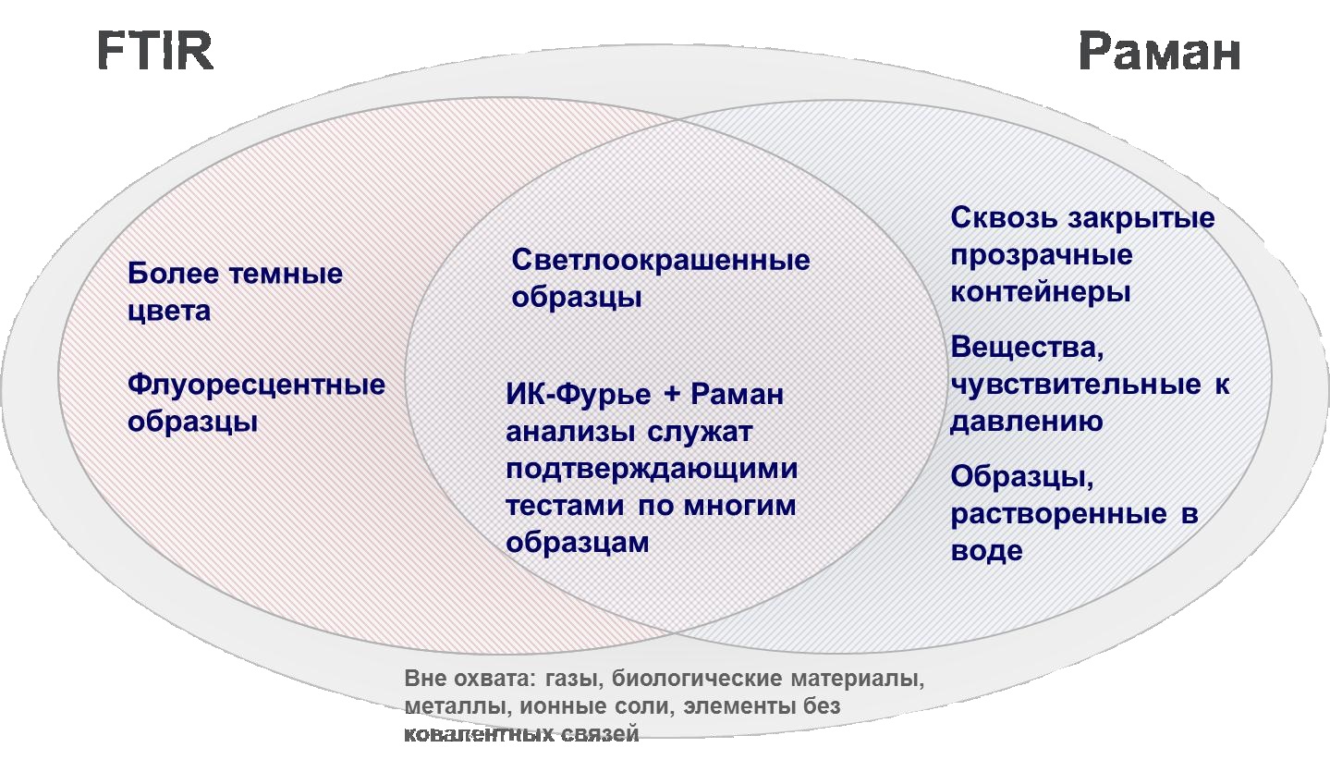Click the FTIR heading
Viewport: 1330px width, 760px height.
155,51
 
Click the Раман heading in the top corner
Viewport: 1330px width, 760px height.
1160,52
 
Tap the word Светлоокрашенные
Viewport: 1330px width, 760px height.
661,260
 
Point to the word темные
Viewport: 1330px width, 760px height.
287,275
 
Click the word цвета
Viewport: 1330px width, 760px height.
169,312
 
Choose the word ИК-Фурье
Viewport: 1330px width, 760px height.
579,395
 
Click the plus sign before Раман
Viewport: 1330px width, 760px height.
672,394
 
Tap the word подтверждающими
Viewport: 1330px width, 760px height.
652,469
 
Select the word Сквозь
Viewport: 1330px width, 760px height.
1004,218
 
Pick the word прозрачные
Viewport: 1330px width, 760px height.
1042,256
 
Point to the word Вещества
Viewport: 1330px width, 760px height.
1027,348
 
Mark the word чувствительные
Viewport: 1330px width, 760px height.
1076,385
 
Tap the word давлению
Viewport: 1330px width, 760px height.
1027,422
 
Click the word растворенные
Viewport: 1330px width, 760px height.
1058,514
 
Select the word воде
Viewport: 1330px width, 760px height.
987,550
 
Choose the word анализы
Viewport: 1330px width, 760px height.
570,433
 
